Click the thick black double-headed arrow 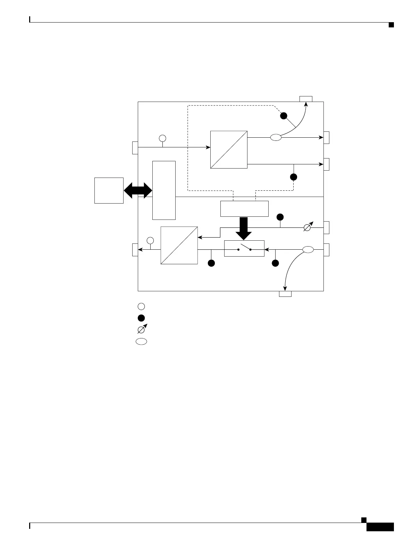coord(138,190)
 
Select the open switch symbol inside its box coord(244,248)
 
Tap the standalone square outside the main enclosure coord(109,190)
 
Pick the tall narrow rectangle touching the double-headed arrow coord(164,190)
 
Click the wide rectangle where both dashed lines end coord(244,209)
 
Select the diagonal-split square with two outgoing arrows coord(229,149)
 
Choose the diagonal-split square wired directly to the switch coord(179,245)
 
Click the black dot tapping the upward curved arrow coord(284,116)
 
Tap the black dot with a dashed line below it coord(294,177)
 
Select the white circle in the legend coord(141,306)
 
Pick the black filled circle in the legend coord(141,318)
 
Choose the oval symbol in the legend coord(141,342)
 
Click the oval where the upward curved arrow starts coord(276,138)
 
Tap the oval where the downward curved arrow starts coord(308,249)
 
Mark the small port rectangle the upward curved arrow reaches coord(306,99)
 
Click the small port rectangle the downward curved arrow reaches coord(285,294)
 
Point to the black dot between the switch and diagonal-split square coord(211,264)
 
